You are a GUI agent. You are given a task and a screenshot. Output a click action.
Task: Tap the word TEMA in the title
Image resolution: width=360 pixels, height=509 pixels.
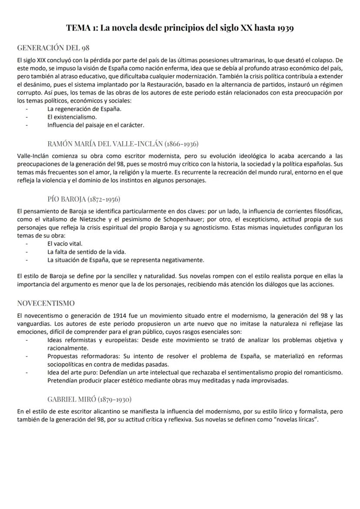77,29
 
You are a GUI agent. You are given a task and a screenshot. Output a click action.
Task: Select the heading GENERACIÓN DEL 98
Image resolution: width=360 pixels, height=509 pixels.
53,47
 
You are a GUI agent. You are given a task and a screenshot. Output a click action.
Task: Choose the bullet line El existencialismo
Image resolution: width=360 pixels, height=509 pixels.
72,117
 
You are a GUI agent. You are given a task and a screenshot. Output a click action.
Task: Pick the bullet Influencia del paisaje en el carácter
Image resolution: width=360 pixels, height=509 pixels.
96,125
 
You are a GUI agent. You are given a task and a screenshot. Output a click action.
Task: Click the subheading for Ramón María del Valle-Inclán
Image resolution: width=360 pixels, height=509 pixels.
123,143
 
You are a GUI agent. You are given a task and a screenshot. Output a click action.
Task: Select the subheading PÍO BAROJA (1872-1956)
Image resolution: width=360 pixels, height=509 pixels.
84,199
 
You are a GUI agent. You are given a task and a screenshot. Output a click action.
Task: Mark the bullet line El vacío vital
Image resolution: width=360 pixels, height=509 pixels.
65,243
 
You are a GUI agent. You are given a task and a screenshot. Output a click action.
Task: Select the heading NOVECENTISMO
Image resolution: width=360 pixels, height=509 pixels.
46,303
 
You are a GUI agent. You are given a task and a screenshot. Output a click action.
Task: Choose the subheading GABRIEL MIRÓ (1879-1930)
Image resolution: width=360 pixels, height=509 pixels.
90,399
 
